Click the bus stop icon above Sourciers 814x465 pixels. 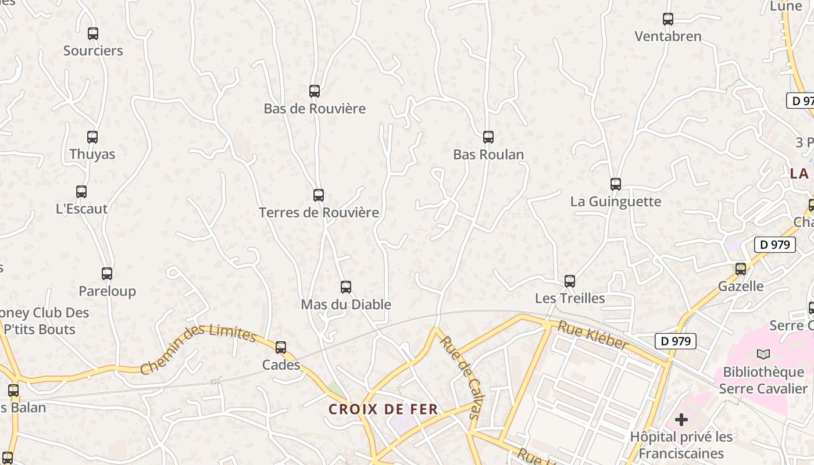93,34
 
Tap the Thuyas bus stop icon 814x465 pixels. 92,137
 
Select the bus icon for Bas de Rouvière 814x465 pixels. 315,91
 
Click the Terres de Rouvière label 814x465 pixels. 319,213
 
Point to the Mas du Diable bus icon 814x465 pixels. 346,287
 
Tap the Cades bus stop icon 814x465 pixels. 281,348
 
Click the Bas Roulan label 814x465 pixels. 488,155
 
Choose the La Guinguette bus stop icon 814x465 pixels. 616,184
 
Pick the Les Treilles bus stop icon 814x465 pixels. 570,281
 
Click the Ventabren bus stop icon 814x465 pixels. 668,19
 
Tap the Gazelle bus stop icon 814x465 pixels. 741,269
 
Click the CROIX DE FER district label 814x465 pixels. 383,409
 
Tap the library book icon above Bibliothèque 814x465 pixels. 763,354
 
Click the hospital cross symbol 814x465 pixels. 681,419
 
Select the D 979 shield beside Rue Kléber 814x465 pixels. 675,341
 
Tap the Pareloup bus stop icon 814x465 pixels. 107,274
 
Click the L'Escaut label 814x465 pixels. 82,209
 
